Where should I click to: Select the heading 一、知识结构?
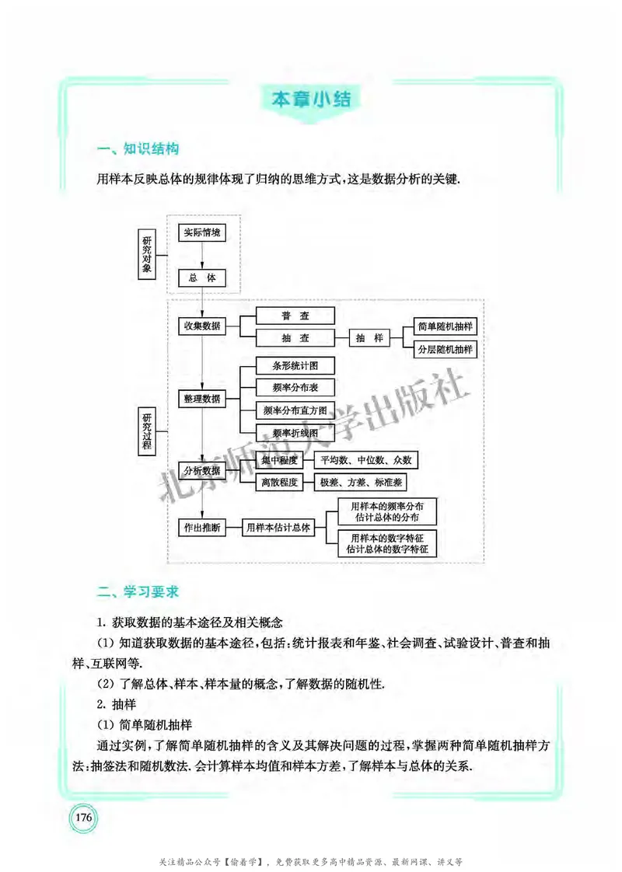point(138,149)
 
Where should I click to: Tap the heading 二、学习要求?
point(138,592)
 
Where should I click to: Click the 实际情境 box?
point(202,232)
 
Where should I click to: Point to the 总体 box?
point(202,277)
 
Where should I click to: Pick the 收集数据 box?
point(202,326)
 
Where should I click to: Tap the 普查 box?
point(295,316)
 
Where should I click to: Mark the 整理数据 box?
point(202,399)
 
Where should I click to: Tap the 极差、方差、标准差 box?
point(361,483)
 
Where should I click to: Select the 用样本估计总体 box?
point(278,527)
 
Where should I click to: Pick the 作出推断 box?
point(202,527)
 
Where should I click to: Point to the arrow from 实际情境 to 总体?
point(202,255)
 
